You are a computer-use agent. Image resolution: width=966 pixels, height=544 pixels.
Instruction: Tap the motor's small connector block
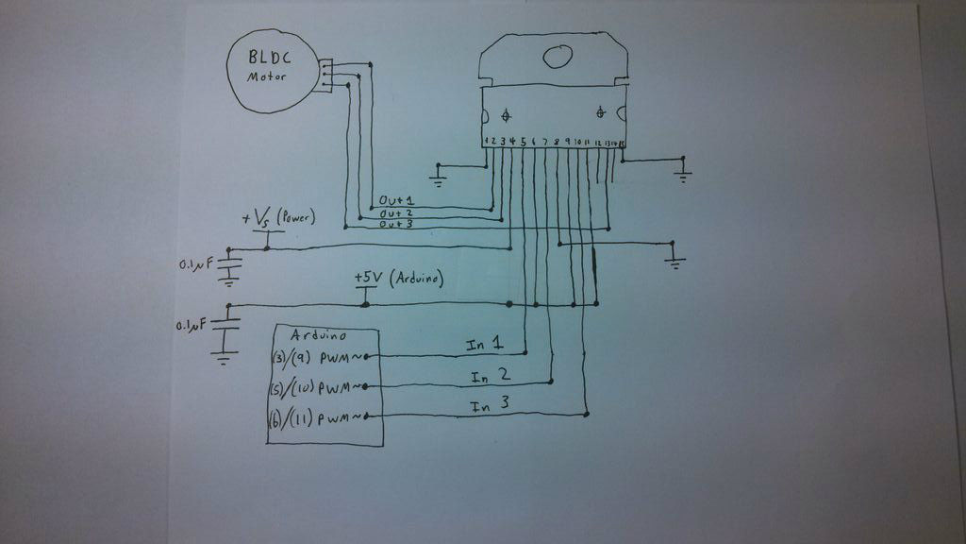[x=325, y=75]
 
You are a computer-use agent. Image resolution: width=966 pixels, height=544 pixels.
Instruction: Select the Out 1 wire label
[x=396, y=201]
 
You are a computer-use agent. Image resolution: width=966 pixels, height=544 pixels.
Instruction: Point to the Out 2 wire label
[x=396, y=213]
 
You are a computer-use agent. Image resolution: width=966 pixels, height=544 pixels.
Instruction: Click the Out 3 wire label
[x=396, y=225]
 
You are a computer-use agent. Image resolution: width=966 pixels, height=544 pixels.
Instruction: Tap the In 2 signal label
[x=491, y=377]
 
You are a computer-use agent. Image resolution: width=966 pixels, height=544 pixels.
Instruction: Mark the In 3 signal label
[x=490, y=407]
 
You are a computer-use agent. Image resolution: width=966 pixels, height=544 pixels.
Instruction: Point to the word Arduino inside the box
[x=318, y=335]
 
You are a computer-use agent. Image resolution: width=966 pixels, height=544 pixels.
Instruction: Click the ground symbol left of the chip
[x=439, y=173]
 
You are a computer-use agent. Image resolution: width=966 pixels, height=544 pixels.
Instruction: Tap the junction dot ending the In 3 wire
[x=587, y=414]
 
